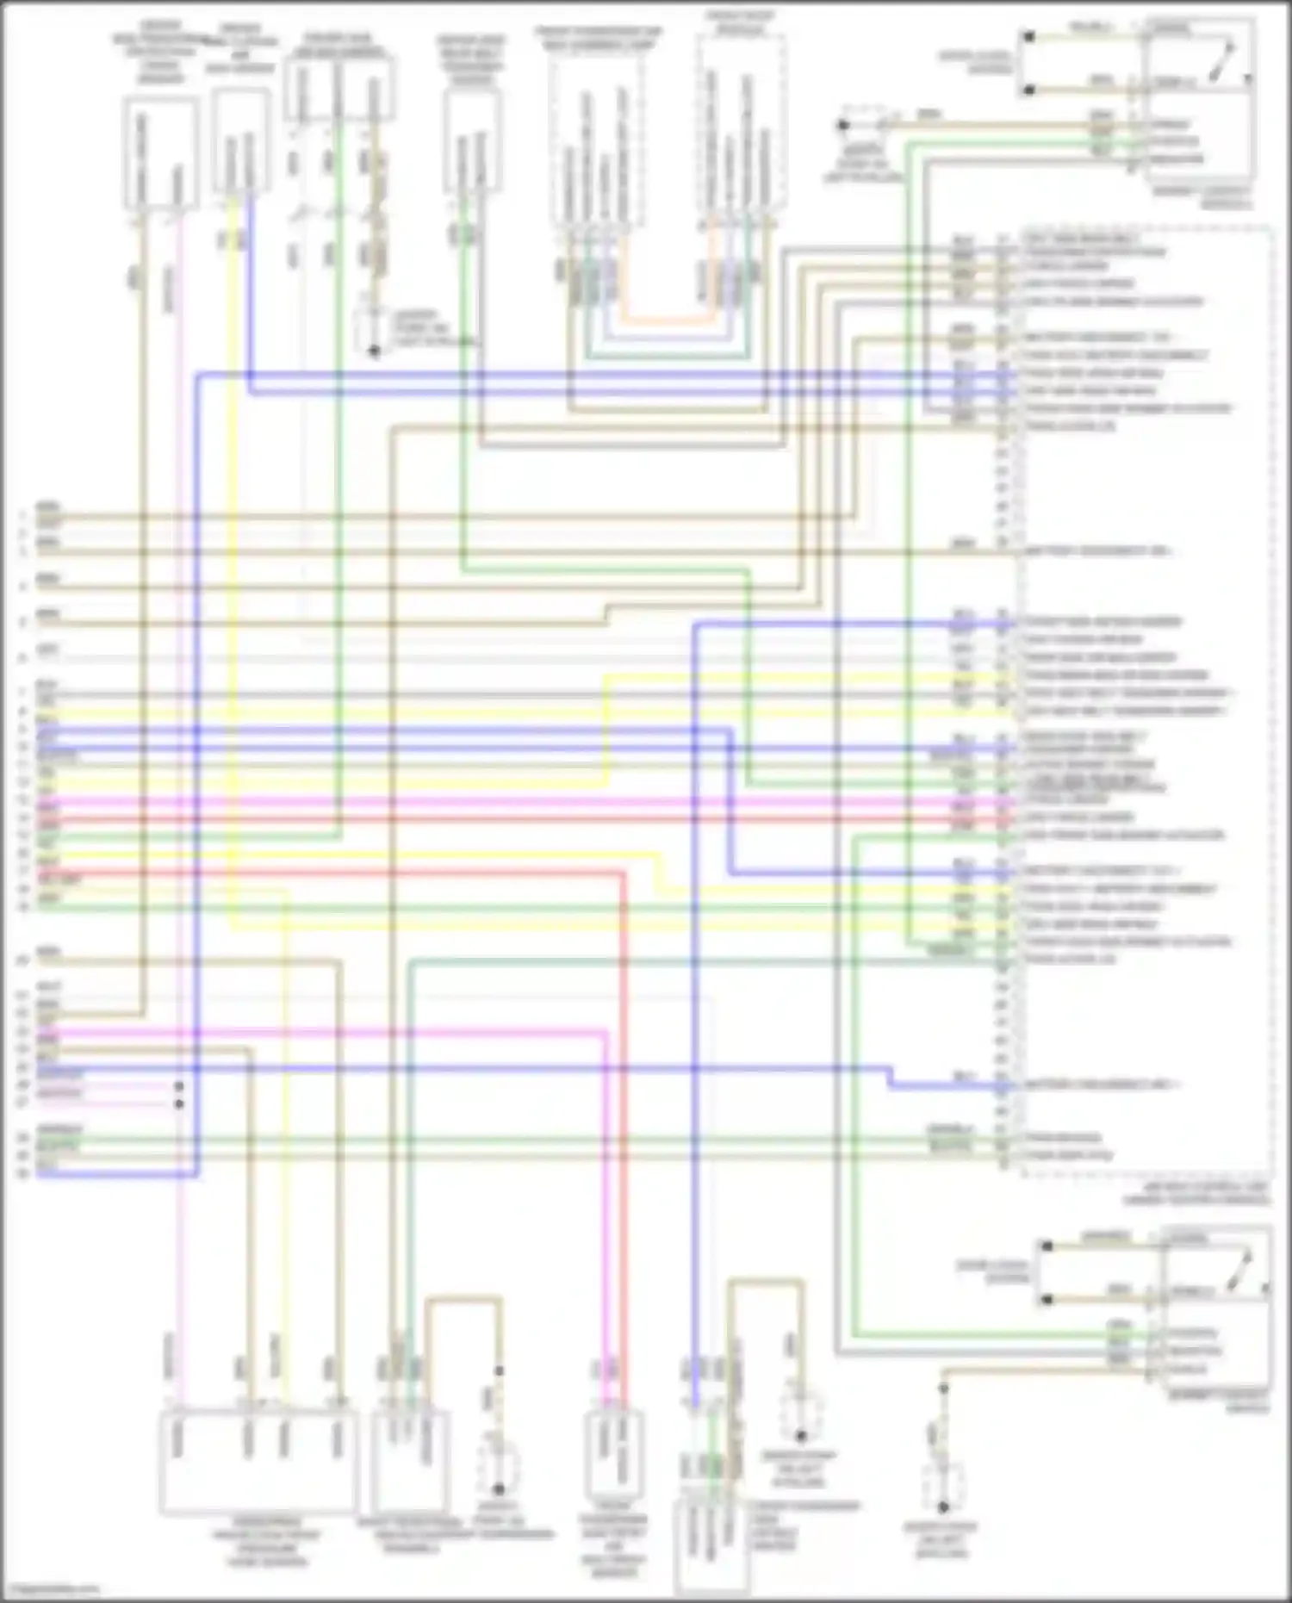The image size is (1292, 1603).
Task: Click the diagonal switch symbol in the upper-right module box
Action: (1221, 63)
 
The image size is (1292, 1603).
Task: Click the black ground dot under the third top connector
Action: (374, 351)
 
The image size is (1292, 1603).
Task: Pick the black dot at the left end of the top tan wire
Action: (843, 126)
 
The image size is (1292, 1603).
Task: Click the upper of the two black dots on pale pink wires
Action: (179, 1086)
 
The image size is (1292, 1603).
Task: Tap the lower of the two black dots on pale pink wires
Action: (179, 1103)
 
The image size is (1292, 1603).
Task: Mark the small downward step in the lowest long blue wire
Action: (891, 1078)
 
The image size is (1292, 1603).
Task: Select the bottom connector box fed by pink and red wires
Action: (613, 1456)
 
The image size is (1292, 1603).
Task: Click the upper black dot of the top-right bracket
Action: (1028, 37)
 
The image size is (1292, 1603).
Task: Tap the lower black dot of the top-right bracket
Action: (1028, 89)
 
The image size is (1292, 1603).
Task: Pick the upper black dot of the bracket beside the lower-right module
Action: (1047, 1246)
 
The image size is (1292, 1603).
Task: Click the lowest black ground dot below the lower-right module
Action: (942, 1507)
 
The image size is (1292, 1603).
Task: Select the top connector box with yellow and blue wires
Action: (240, 142)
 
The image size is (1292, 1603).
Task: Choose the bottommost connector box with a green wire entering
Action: (711, 1546)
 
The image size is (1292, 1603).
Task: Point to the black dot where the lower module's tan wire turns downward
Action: (942, 1388)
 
